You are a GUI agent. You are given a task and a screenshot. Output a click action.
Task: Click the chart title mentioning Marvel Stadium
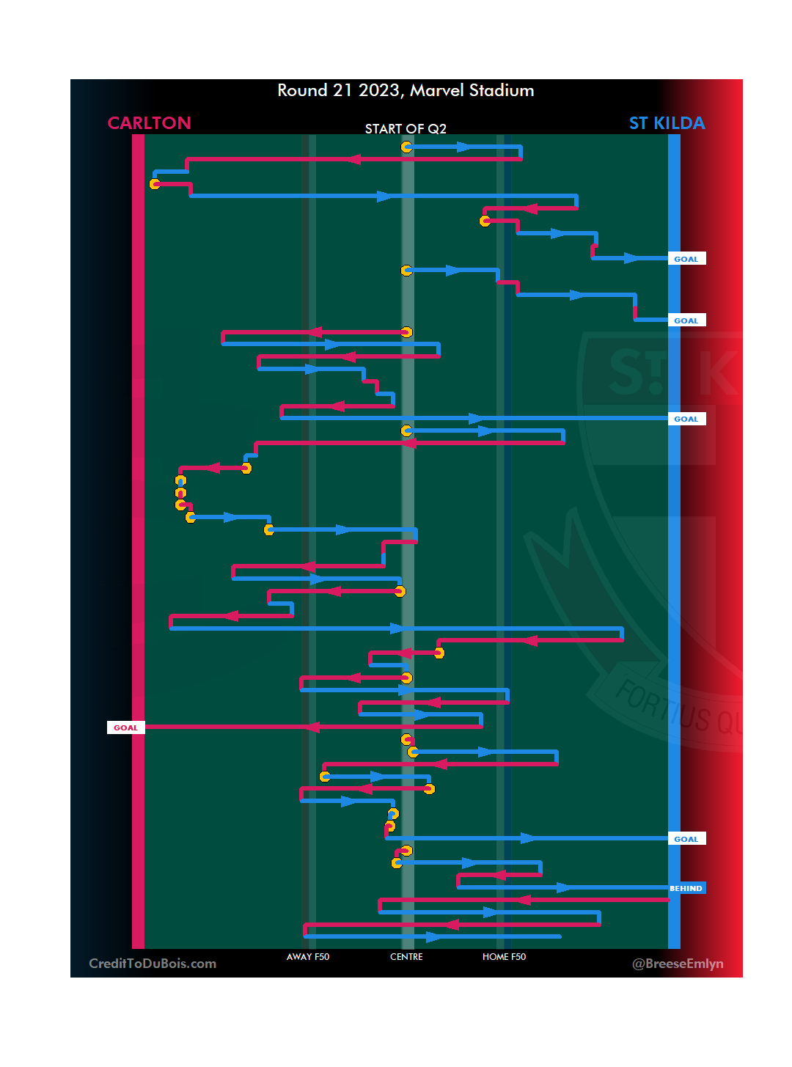[x=406, y=90]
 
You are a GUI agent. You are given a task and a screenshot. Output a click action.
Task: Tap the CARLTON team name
[x=149, y=123]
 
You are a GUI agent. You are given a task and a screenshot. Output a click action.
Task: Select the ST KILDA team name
[x=667, y=123]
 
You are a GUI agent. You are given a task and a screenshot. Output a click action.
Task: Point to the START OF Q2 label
[x=406, y=129]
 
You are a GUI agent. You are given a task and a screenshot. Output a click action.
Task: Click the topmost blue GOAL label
[x=686, y=259]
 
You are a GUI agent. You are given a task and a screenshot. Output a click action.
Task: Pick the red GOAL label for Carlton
[x=125, y=727]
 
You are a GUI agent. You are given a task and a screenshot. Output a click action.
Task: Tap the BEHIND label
[x=686, y=888]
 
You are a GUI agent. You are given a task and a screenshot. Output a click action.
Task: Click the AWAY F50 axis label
[x=308, y=957]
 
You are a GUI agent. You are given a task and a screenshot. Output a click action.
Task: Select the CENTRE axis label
[x=406, y=957]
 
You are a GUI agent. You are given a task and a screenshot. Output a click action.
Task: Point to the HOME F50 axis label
[x=504, y=957]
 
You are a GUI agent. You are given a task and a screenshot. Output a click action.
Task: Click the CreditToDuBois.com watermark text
[x=153, y=964]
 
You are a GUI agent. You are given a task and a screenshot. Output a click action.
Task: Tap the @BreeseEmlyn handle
[x=678, y=964]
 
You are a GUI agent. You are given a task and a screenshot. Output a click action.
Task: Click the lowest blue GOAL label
[x=686, y=839]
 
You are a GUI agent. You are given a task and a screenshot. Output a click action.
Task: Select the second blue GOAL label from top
[x=686, y=320]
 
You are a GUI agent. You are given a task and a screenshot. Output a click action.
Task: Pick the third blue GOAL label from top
[x=686, y=419]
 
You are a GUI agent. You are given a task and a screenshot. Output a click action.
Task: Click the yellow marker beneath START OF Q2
[x=406, y=147]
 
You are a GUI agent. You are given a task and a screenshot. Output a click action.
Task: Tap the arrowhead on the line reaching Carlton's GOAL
[x=312, y=727]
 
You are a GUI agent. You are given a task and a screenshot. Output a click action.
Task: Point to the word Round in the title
[x=302, y=90]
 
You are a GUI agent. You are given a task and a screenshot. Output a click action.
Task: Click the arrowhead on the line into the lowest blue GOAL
[x=528, y=837]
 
